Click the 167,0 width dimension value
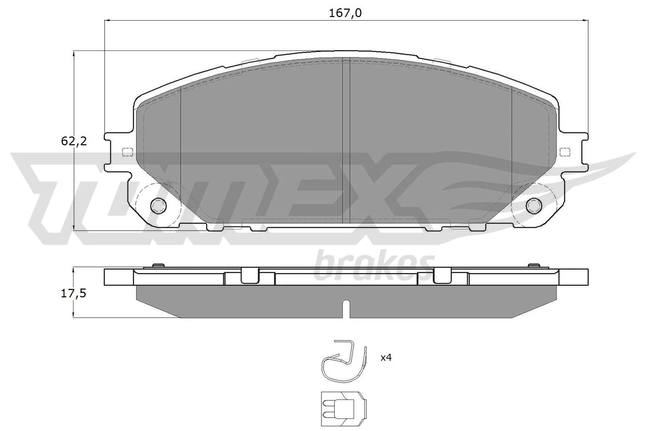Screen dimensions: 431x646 [345, 13]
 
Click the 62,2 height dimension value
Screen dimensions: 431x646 [74, 141]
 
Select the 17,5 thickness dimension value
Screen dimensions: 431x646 [73, 294]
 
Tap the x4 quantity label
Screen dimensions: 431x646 [386, 357]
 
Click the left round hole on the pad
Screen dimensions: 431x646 [158, 206]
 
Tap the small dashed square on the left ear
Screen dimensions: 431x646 [127, 152]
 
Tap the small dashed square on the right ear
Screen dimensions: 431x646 [566, 152]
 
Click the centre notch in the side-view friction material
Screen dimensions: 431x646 [346, 309]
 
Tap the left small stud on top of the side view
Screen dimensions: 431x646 [158, 265]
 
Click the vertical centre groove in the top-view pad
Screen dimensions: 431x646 [346, 141]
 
